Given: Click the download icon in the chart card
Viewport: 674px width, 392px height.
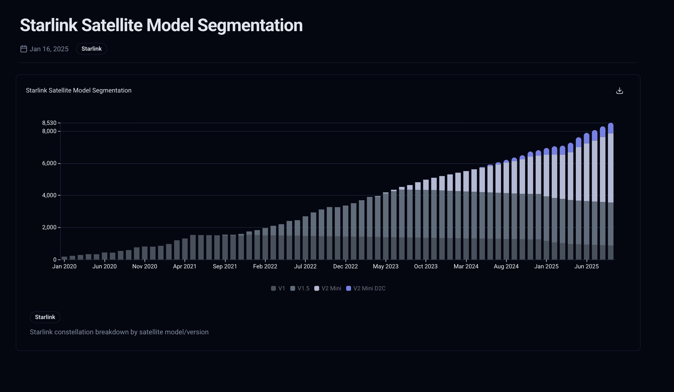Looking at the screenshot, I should click(x=619, y=91).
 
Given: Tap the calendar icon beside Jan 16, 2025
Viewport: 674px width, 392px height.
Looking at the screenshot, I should click(x=23, y=49).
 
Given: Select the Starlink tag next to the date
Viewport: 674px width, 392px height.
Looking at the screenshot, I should click(x=91, y=49).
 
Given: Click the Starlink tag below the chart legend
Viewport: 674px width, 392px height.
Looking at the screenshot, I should click(x=45, y=317).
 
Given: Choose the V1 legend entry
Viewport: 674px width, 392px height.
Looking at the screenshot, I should click(x=278, y=289).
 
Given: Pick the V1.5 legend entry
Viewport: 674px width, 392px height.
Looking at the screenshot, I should click(x=300, y=289).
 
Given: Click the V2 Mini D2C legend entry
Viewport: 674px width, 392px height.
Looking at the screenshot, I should click(x=366, y=289).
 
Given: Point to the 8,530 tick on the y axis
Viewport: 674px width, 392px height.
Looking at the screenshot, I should click(x=49, y=123).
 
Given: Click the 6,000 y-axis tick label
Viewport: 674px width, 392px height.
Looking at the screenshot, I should click(x=49, y=163).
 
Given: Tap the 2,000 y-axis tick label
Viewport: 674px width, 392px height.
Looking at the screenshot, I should click(x=49, y=227).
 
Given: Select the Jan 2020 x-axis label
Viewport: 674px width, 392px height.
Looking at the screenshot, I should click(x=64, y=267).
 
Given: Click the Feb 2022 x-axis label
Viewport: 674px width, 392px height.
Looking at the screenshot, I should click(x=265, y=267).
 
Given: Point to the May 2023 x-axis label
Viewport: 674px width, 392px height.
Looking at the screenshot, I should click(x=385, y=267).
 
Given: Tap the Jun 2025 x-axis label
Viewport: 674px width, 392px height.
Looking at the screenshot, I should click(x=586, y=267).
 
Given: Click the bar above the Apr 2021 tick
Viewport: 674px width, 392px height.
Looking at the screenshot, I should click(x=185, y=249).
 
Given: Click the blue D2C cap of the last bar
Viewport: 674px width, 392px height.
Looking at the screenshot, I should click(x=611, y=128).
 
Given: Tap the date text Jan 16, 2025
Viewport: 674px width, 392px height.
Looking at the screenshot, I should click(x=49, y=49).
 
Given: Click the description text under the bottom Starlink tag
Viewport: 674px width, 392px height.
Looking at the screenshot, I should click(x=119, y=332).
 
